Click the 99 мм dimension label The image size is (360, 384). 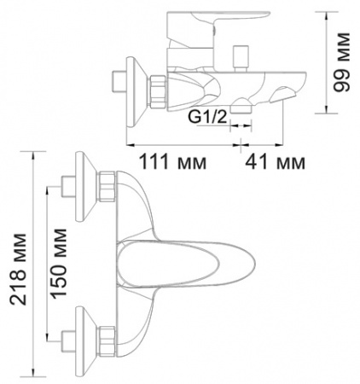coord(341,62)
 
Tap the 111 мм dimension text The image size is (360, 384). coord(173,163)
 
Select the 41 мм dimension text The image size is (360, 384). coord(276,163)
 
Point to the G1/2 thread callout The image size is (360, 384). coord(207,117)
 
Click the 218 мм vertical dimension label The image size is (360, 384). coord(18,270)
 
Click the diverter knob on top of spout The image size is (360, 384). coord(241,58)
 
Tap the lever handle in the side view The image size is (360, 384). coord(218,28)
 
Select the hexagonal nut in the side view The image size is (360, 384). coord(158,91)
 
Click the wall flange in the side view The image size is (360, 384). coord(135,91)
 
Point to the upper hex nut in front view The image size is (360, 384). coord(107,186)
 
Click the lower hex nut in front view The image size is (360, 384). coord(107,341)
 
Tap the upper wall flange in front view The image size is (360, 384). coord(84,186)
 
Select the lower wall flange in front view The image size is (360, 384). coord(84,340)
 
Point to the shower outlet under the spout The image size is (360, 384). coord(241,107)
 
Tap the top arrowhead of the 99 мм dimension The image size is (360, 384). coord(327,16)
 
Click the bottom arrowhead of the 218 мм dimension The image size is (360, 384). coord(34,371)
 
